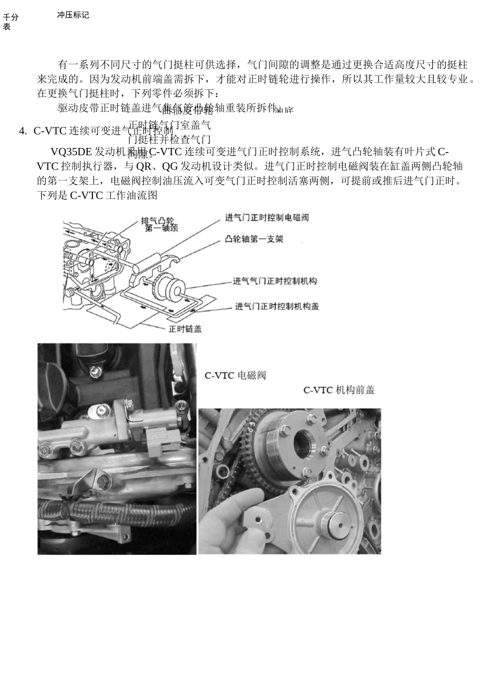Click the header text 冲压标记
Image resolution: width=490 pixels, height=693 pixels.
click(x=73, y=15)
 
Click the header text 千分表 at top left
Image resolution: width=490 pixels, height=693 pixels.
click(x=10, y=22)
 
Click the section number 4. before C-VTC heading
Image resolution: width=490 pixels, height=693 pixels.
click(x=22, y=131)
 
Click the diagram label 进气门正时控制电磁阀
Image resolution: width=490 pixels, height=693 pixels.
click(x=267, y=218)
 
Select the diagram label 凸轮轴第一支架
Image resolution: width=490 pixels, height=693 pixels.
click(x=254, y=239)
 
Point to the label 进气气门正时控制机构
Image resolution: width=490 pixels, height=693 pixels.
click(x=274, y=281)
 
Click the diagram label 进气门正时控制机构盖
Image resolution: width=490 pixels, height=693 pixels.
click(x=277, y=306)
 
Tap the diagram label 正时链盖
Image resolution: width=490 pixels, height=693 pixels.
click(x=185, y=328)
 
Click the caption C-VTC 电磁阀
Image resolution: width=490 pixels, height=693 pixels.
click(x=235, y=375)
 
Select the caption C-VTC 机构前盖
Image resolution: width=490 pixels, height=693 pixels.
click(x=339, y=390)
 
